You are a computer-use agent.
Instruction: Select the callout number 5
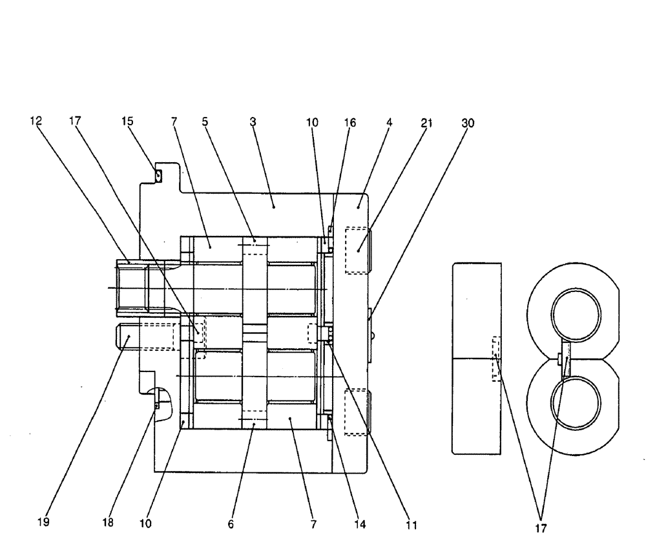[x=205, y=122]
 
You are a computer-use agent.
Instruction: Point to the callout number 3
[x=253, y=122]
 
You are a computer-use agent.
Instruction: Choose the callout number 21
[x=426, y=122]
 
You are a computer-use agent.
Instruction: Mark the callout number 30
[x=468, y=122]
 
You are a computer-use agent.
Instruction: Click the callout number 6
[x=231, y=525]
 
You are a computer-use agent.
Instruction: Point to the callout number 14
[x=360, y=525]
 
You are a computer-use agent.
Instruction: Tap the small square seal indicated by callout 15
[x=156, y=172]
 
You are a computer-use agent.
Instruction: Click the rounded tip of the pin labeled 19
[x=120, y=337]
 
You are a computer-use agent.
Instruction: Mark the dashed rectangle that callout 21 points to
[x=357, y=249]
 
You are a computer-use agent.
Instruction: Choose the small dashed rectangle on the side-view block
[x=495, y=358]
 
